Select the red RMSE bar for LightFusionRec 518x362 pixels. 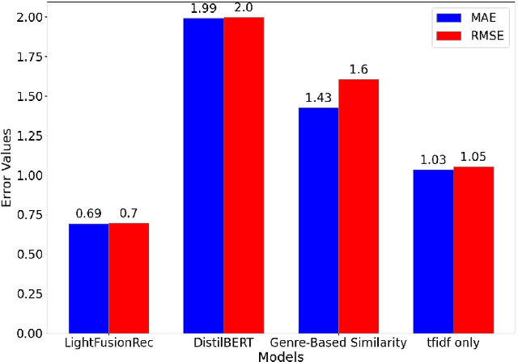coord(129,277)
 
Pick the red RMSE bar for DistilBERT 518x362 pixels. coord(244,175)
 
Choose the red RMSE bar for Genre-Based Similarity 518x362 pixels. coord(359,206)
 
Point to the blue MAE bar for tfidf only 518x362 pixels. coord(433,251)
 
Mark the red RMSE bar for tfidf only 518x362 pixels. coord(473,250)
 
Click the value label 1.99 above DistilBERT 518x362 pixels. coord(203,8)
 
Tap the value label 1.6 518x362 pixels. coord(359,69)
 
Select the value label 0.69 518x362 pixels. coord(88,213)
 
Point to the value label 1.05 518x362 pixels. coord(473,157)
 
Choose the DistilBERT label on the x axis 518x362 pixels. coord(223,343)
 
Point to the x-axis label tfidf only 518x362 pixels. coord(453,343)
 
